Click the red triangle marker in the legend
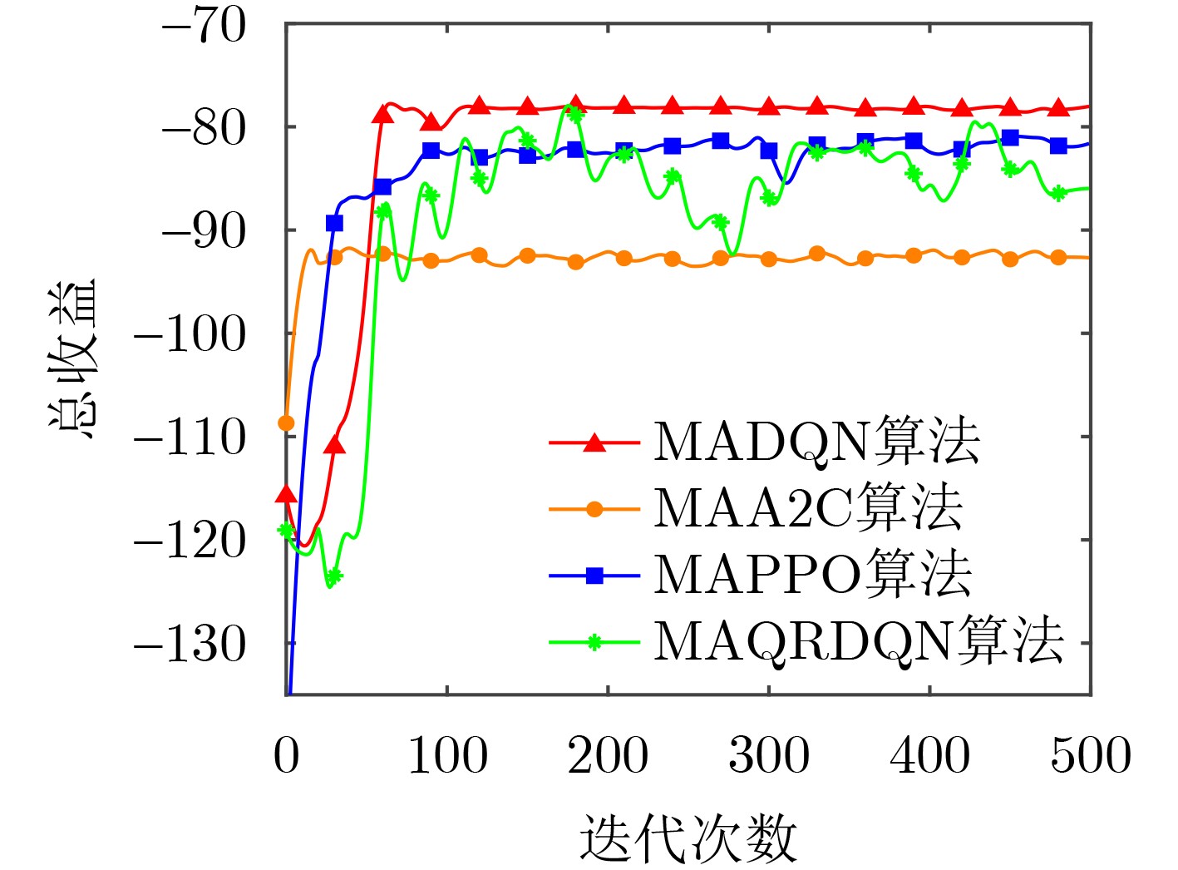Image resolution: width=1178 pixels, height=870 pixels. (594, 442)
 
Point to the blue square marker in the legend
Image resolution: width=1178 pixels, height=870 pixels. (594, 576)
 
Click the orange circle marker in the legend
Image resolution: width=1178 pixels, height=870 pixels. (594, 509)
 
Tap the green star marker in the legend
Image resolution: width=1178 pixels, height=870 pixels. (594, 642)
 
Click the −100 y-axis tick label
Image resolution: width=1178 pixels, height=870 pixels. (190, 334)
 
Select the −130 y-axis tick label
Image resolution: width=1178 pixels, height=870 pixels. (190, 644)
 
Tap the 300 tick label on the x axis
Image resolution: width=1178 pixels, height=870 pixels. (769, 756)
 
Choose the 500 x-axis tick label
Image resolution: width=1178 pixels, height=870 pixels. (1090, 756)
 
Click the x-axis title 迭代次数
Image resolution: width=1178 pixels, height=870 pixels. (688, 838)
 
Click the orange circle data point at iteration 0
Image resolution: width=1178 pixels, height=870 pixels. (286, 423)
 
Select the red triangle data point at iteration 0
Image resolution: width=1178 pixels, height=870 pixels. (286, 495)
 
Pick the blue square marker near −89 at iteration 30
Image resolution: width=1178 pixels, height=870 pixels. (334, 223)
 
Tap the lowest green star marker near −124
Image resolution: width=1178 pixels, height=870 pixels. (334, 576)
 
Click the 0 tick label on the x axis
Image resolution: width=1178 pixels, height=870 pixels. (286, 756)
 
